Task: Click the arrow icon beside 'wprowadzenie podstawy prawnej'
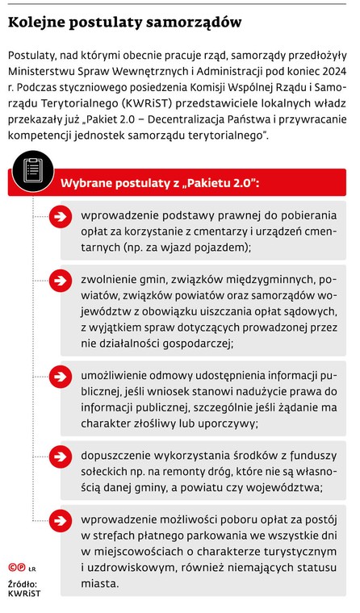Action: (x=61, y=215)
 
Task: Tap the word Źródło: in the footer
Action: (x=22, y=584)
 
